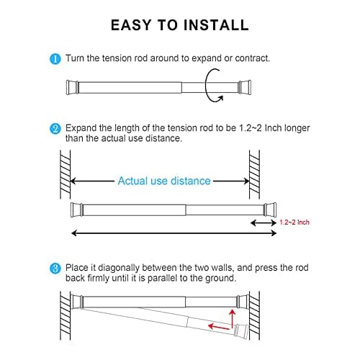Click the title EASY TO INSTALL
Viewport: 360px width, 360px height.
pos(179,24)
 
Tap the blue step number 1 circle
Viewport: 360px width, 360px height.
pos(55,58)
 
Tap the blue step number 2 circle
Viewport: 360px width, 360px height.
pos(55,129)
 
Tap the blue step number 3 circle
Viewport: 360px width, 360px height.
pos(55,269)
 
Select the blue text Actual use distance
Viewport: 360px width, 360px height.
pos(164,181)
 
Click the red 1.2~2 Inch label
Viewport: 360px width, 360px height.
pos(294,223)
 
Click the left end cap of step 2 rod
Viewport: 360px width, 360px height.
pos(73,210)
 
